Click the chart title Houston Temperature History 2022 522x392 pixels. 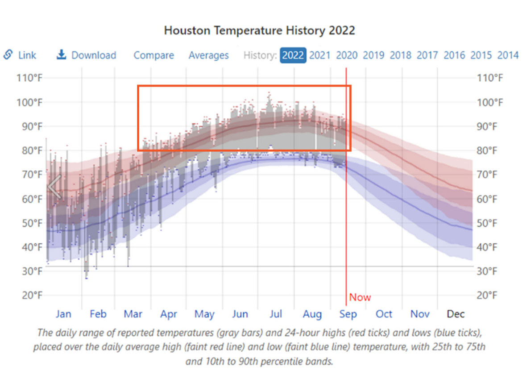[259, 30]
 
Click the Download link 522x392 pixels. [93, 55]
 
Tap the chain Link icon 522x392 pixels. [8, 54]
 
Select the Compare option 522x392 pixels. [154, 55]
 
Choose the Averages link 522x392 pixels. [208, 55]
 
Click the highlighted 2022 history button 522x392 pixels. [293, 55]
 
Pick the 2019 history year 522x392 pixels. [373, 55]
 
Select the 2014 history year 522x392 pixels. [508, 55]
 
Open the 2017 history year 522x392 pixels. [427, 55]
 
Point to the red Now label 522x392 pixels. [360, 297]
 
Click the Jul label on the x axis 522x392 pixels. [276, 314]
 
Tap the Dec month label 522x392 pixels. [456, 314]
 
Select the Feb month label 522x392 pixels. [98, 314]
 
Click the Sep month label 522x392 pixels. [348, 314]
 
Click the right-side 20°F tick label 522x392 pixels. [490, 295]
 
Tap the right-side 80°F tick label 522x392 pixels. [490, 150]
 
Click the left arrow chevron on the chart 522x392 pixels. [54, 187]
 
